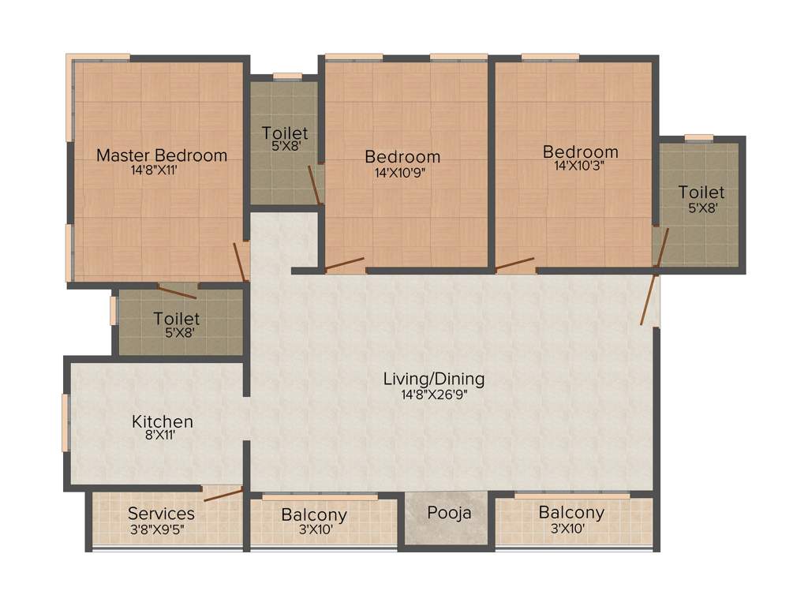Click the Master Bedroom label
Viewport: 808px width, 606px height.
coord(162,155)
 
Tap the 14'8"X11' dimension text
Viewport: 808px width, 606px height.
coord(160,170)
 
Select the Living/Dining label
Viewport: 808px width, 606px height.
coord(433,379)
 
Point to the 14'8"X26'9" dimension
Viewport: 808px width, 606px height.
coord(433,394)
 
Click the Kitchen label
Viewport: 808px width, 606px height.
coord(162,421)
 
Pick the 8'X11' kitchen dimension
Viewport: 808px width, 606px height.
coord(162,435)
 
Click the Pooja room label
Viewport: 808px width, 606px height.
coord(449,513)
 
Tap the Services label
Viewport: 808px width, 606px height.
coord(161,514)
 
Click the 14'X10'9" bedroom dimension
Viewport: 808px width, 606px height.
coord(402,170)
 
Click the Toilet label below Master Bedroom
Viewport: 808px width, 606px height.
coord(176,319)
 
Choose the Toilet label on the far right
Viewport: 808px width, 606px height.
coord(701,193)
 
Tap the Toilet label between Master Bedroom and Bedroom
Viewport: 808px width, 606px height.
coord(285,133)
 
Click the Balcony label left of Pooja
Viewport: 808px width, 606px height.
coord(314,515)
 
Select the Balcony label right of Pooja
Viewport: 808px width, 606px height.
coord(571,513)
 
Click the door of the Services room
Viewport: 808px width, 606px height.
coord(223,494)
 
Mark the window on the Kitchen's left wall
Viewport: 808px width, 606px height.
coord(66,422)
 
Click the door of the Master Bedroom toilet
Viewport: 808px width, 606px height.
coord(177,290)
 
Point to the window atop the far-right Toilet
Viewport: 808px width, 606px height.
coord(699,138)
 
